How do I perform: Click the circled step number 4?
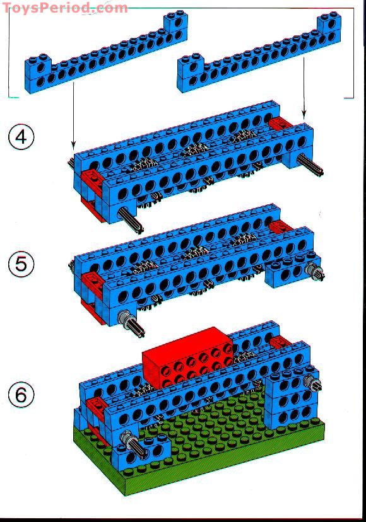(x=21, y=137)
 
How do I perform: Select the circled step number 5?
(x=21, y=264)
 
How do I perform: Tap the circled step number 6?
(x=21, y=395)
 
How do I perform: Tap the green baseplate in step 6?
(x=208, y=454)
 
